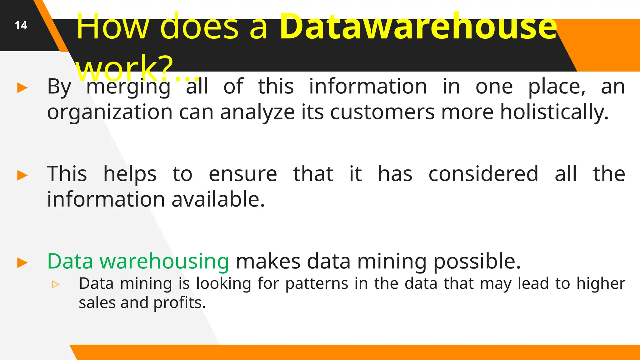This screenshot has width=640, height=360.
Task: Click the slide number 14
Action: pos(21,25)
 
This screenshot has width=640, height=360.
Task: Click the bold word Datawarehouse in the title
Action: pos(418,27)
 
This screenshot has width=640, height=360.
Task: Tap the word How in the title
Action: pos(113,27)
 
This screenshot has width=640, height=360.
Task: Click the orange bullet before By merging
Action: pos(22,88)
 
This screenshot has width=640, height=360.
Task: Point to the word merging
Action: pos(128,87)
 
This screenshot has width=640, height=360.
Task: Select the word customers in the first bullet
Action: pos(382,112)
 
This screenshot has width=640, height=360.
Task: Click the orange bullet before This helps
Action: pos(22,175)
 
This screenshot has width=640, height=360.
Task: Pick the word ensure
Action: pos(243,174)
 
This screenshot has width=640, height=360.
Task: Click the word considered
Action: pos(483,174)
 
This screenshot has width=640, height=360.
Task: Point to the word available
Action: pos(218,200)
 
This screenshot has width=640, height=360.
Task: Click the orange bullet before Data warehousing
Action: pos(22,263)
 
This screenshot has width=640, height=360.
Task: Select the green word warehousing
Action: pos(164,262)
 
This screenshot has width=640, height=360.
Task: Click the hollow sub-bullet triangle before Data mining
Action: pos(56,284)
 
